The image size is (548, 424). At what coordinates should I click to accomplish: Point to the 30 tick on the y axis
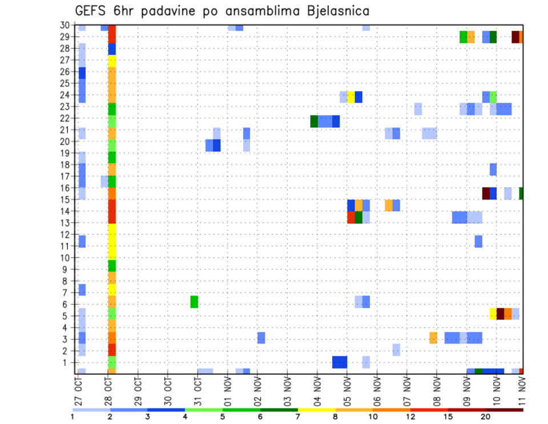(x=65, y=25)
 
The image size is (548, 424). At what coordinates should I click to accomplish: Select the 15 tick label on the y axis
(x=65, y=199)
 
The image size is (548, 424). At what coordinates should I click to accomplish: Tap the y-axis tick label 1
(x=67, y=362)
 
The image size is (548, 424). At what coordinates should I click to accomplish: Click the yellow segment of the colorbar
(x=317, y=410)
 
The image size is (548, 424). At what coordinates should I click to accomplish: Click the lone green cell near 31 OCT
(x=194, y=302)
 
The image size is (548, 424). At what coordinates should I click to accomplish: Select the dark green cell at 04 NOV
(x=314, y=121)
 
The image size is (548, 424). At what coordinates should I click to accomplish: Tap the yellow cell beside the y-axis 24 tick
(x=351, y=97)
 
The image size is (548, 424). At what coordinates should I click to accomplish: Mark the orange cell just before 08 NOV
(x=433, y=338)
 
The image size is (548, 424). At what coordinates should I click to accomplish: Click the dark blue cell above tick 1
(x=340, y=362)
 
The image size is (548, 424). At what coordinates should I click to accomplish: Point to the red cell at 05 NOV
(x=351, y=217)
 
